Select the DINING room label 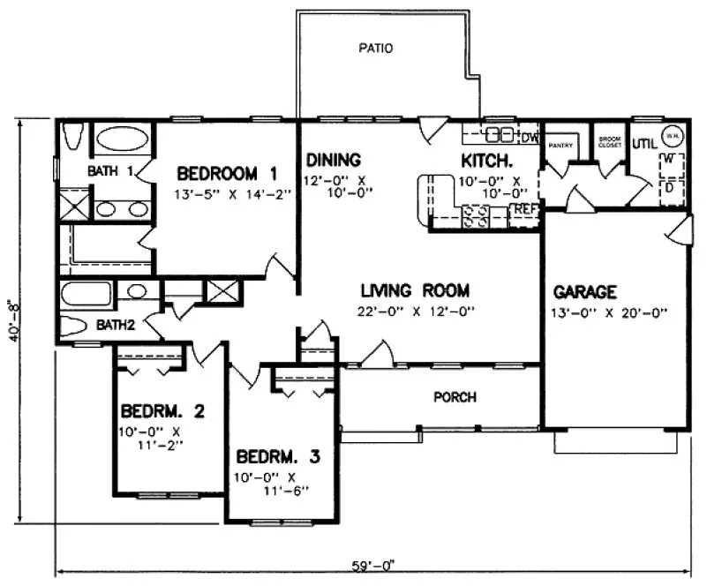pos(334,160)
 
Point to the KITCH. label pos(488,160)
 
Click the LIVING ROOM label pos(414,289)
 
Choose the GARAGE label pos(584,291)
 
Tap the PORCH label pos(455,397)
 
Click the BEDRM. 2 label pos(162,410)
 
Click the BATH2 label pos(116,325)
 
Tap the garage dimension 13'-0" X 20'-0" pos(610,311)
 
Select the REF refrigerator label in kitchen pos(526,209)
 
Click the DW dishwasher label pos(530,137)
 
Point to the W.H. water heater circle pos(673,135)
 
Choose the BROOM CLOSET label pos(609,142)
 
